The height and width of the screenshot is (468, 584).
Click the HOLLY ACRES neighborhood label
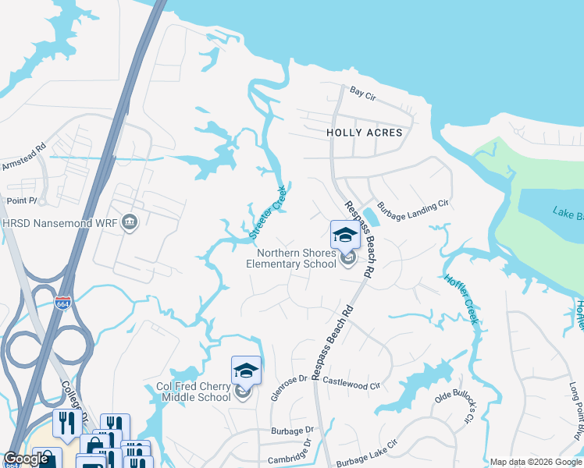tap(364, 133)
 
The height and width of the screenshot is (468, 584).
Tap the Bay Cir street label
tap(363, 92)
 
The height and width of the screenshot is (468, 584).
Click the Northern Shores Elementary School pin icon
tap(346, 235)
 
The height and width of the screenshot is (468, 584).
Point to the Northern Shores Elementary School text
tap(297, 258)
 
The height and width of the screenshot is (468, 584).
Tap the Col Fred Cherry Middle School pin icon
tap(246, 371)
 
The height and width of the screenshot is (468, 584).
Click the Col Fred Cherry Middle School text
tap(194, 391)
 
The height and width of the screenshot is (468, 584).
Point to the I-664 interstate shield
tap(63, 303)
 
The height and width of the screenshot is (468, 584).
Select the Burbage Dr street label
tap(292, 430)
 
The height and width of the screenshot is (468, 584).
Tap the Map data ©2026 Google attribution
tap(536, 462)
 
